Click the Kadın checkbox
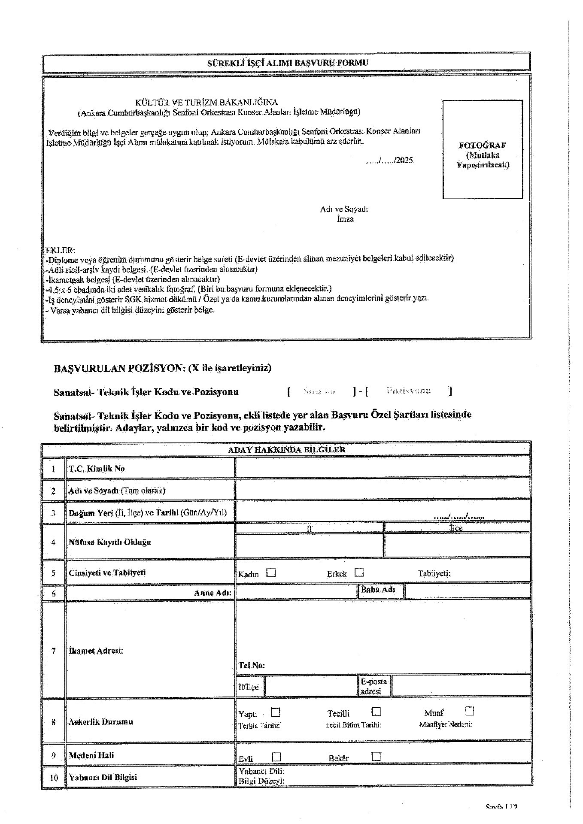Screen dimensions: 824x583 pos(271,573)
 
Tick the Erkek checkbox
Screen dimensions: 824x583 pos(359,573)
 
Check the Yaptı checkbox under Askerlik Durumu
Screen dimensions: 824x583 pos(276,712)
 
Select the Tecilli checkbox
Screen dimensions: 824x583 pos(376,712)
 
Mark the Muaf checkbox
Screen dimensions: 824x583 pos(470,711)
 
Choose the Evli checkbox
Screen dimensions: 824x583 pos(276,757)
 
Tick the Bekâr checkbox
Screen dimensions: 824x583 pos(376,756)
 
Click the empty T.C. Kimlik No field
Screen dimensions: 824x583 pos(382,467)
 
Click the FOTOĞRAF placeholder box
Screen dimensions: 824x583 pos(483,149)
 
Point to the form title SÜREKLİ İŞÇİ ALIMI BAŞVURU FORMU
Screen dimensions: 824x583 pos(288,63)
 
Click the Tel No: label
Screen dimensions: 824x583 pos(252,665)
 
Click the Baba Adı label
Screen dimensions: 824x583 pos(378,590)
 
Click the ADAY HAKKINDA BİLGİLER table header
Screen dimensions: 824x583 pos(286,450)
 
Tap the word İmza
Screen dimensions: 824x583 pos(345,219)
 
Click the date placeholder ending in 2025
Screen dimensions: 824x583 pos(389,161)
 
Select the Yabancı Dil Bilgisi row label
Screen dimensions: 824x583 pos(103,777)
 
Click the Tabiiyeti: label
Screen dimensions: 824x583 pos(434,573)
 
